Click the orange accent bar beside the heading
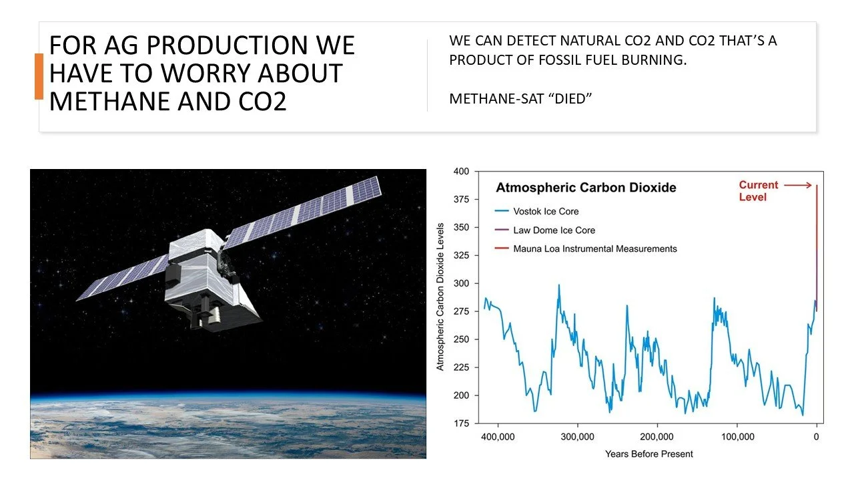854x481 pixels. [x=39, y=76]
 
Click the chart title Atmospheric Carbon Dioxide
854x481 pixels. [x=586, y=188]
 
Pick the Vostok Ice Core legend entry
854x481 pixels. [x=546, y=211]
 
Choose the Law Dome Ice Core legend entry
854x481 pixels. [x=554, y=230]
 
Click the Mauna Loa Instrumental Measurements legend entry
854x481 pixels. [x=594, y=249]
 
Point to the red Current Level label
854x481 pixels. [x=759, y=191]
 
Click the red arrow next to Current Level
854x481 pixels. [x=798, y=185]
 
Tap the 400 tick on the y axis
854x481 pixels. [x=461, y=172]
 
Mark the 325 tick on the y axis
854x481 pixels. [x=461, y=255]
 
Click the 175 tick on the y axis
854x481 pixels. [x=461, y=423]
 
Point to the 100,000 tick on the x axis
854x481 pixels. [x=737, y=437]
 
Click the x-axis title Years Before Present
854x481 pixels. [x=649, y=454]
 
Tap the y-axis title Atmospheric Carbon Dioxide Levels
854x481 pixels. [x=440, y=297]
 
